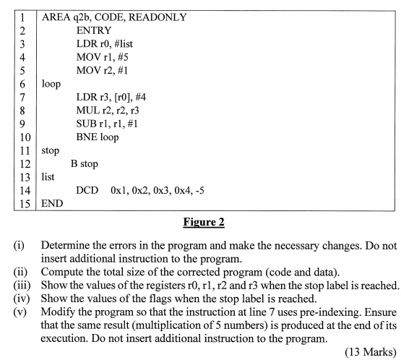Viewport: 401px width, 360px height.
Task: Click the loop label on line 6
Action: (52, 84)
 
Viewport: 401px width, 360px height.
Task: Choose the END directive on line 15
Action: (53, 203)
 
